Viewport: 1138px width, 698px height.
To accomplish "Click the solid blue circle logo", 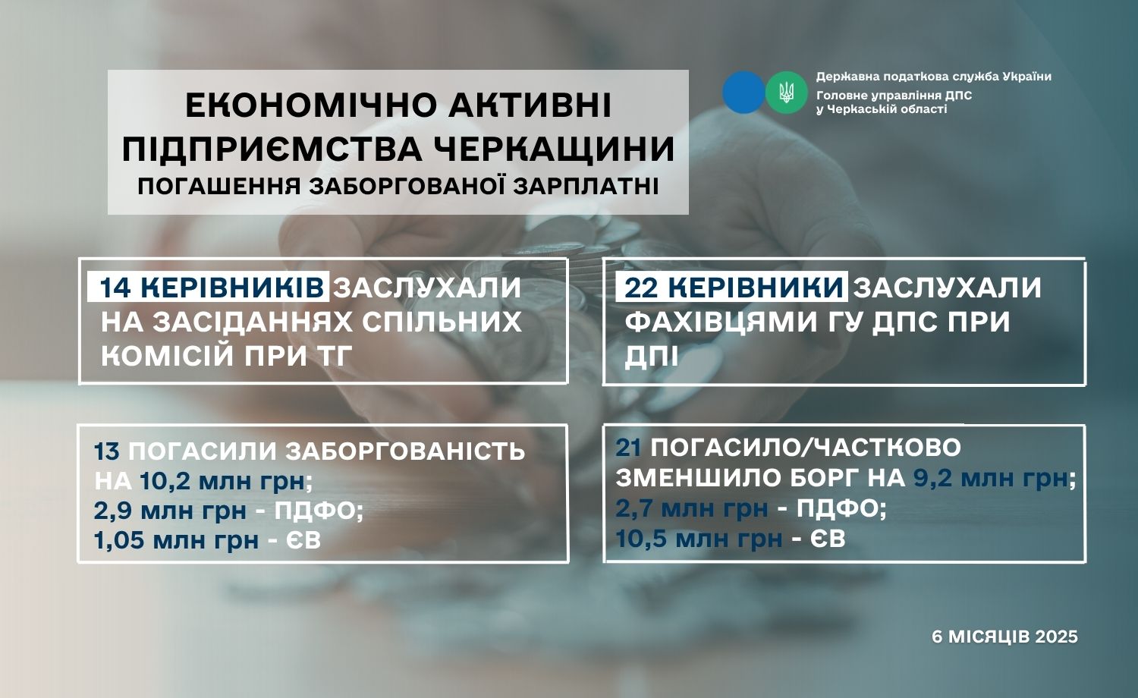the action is [743, 92].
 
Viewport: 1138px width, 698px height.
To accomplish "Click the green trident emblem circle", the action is [787, 92].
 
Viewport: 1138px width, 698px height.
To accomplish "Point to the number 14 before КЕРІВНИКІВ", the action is [115, 288].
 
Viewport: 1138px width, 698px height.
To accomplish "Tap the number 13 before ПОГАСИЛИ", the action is [107, 451].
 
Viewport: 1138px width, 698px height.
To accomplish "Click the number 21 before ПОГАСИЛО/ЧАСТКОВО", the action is [628, 448].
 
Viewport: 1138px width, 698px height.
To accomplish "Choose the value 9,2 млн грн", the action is [991, 478].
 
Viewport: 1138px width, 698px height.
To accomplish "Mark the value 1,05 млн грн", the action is [176, 540].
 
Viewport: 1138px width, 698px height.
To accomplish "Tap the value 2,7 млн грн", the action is [692, 508].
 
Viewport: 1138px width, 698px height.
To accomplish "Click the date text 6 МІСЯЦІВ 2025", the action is [1005, 637].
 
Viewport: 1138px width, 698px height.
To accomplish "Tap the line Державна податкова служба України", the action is [934, 77].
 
